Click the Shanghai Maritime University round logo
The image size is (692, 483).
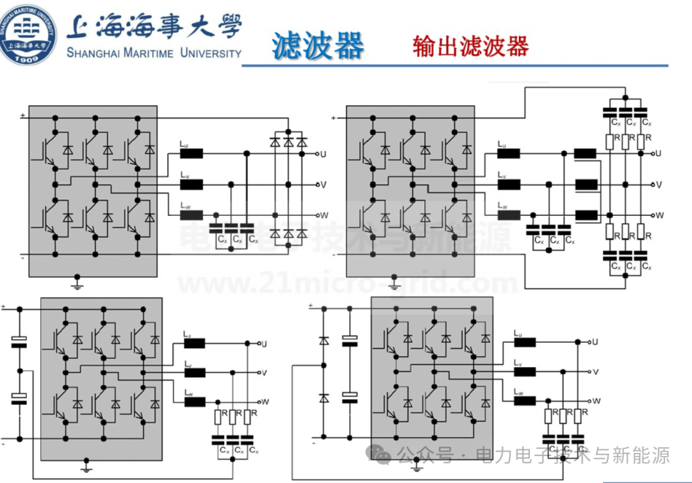(x=28, y=33)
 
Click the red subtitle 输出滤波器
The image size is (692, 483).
(x=471, y=46)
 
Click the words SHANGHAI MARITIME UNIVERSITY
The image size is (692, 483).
(x=154, y=53)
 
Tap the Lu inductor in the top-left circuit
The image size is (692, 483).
(x=192, y=154)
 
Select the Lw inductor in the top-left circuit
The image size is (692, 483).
(x=192, y=215)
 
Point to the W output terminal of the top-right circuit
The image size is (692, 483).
(x=653, y=215)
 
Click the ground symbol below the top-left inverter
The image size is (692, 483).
(x=78, y=282)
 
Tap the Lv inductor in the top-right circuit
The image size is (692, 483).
(x=509, y=184)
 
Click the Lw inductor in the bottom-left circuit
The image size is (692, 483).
(x=195, y=402)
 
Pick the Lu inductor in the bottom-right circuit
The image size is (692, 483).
(x=525, y=342)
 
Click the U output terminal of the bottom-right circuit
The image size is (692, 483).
(x=588, y=342)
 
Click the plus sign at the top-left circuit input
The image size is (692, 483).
(x=22, y=116)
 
